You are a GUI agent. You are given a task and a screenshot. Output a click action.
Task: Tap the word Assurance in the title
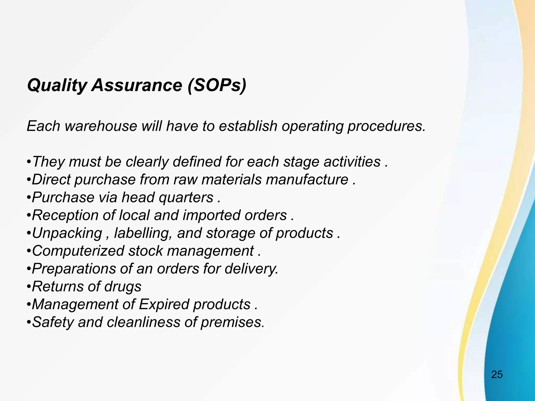tap(137, 85)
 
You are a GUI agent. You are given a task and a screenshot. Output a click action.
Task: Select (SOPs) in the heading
tap(217, 85)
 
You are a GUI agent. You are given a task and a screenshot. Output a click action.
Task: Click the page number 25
tap(497, 374)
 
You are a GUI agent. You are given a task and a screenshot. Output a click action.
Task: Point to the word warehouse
tap(101, 126)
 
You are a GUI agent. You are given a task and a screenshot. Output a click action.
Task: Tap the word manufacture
tap(307, 180)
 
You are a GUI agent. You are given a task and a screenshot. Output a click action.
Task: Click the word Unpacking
tap(67, 233)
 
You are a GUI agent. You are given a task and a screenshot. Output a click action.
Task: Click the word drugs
tap(123, 286)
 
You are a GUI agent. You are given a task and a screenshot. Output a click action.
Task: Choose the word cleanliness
tap(143, 322)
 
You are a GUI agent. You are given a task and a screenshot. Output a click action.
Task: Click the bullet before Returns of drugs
tap(29, 287)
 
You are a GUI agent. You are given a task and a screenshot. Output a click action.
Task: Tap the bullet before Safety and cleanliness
tap(29, 322)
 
